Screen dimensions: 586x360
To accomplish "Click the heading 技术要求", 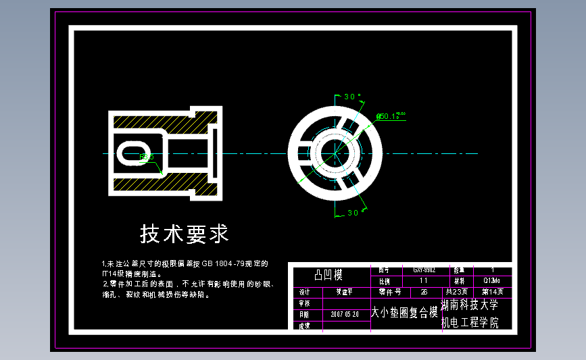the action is [184, 234].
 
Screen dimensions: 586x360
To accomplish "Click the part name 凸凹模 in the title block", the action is [329, 275].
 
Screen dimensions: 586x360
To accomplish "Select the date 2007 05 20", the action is [345, 314].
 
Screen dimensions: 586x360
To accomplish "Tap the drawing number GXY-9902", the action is [424, 269].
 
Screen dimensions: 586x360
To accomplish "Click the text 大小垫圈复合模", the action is [404, 313].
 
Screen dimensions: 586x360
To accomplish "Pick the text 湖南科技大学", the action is [469, 306].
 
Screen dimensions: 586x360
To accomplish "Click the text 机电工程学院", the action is [469, 323].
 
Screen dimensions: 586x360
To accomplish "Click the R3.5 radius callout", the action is [147, 157].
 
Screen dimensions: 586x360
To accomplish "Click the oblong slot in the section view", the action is [135, 153].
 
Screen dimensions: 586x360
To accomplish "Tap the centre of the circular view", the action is [335, 153].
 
